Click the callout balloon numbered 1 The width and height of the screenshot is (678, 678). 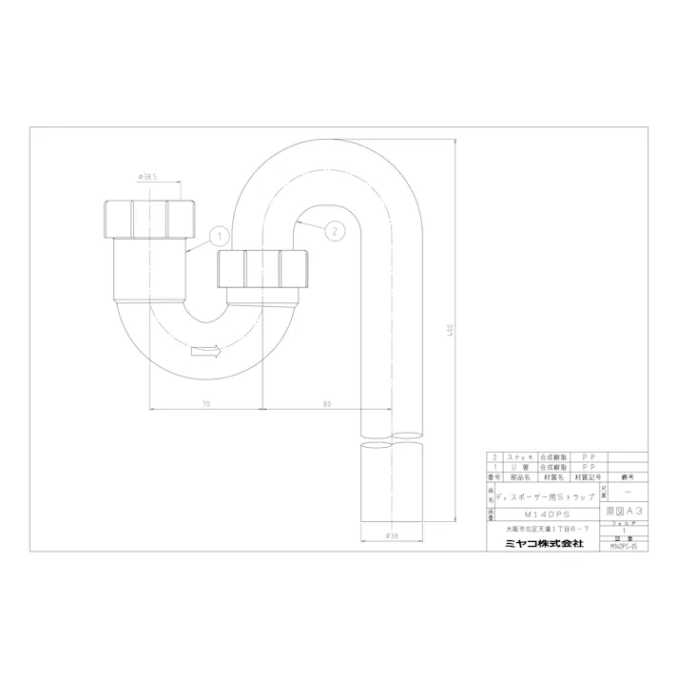click(x=217, y=234)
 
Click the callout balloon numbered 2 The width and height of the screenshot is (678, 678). click(x=334, y=228)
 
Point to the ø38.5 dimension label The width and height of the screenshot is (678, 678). click(x=147, y=177)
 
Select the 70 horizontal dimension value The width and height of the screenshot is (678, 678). click(x=205, y=403)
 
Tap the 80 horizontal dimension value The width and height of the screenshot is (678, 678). click(x=327, y=403)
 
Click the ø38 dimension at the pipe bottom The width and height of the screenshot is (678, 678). click(x=394, y=535)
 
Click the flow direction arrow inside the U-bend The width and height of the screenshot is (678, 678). click(x=205, y=352)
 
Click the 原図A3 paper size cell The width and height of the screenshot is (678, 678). click(x=624, y=511)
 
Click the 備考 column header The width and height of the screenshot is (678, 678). click(x=624, y=477)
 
